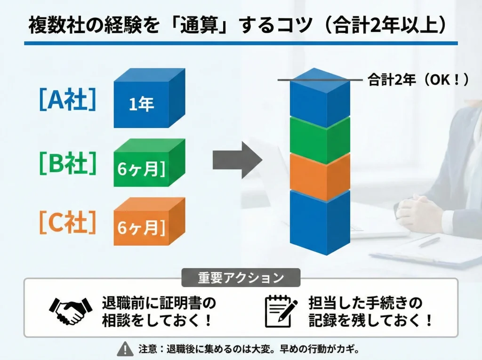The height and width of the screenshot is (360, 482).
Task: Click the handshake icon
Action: pyautogui.click(x=71, y=311)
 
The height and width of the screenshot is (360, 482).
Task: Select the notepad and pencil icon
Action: pyautogui.click(x=280, y=311)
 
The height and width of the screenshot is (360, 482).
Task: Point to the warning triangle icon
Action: pyautogui.click(x=125, y=349)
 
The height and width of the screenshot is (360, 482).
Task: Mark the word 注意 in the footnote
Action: pyautogui.click(x=145, y=349)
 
